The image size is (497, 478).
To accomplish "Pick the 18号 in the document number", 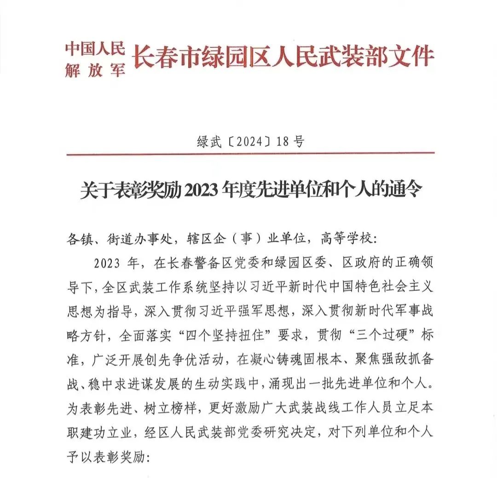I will [x=290, y=141].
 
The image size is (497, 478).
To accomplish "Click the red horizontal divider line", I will [x=250, y=154].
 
